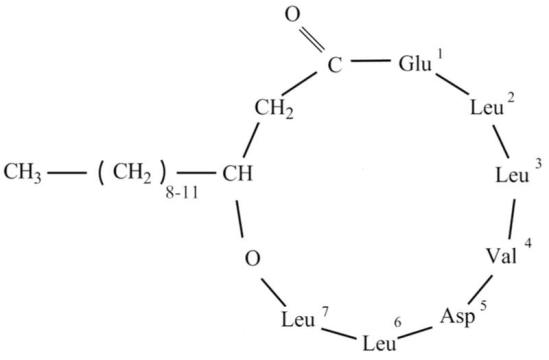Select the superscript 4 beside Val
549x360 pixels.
[x=528, y=241]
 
